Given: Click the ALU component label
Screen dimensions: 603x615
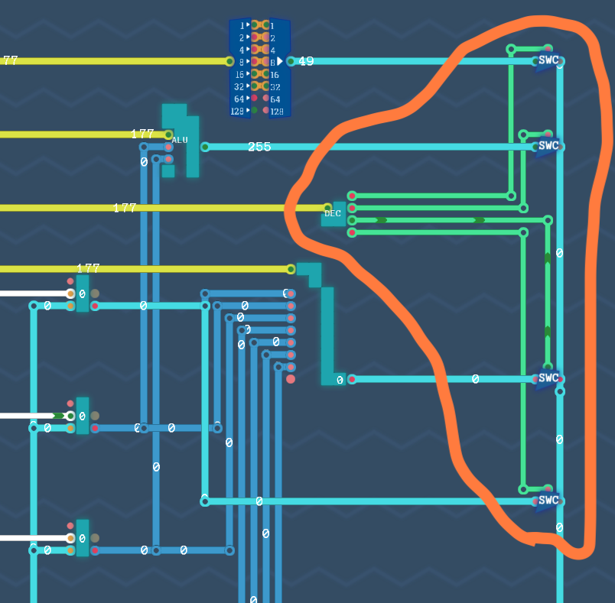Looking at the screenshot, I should point(180,140).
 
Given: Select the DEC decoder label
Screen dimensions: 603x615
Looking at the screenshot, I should point(333,213).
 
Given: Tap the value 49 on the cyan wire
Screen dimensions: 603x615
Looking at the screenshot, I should point(306,61).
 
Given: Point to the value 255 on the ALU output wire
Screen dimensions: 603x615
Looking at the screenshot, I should point(259,147).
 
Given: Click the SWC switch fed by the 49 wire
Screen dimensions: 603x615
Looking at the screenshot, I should point(548,60).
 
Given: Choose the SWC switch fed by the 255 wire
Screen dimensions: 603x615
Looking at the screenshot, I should point(548,145).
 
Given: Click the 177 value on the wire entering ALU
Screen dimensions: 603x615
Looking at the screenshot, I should point(142,134).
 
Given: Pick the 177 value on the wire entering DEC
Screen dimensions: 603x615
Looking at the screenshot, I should point(125,208).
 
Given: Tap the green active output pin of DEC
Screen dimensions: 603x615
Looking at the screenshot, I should point(352,220).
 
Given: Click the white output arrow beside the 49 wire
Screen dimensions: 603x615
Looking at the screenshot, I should point(280,61).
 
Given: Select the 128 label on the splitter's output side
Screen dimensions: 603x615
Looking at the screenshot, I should point(276,112).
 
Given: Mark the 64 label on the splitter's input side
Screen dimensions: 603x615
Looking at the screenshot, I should point(239,99).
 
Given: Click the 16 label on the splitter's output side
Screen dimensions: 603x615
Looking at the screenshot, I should point(275,75).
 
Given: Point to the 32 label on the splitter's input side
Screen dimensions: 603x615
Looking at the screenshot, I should point(239,86).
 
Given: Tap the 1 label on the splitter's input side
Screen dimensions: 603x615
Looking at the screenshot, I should point(242,25).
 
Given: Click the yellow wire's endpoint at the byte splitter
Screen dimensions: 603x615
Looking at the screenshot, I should point(229,61).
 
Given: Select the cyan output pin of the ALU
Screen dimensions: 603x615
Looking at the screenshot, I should point(205,147).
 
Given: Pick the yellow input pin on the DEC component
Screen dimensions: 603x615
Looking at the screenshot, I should point(327,207).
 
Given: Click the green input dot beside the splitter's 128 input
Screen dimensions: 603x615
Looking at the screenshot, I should point(254,111).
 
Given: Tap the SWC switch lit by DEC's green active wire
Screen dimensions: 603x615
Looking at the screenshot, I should point(548,378).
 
